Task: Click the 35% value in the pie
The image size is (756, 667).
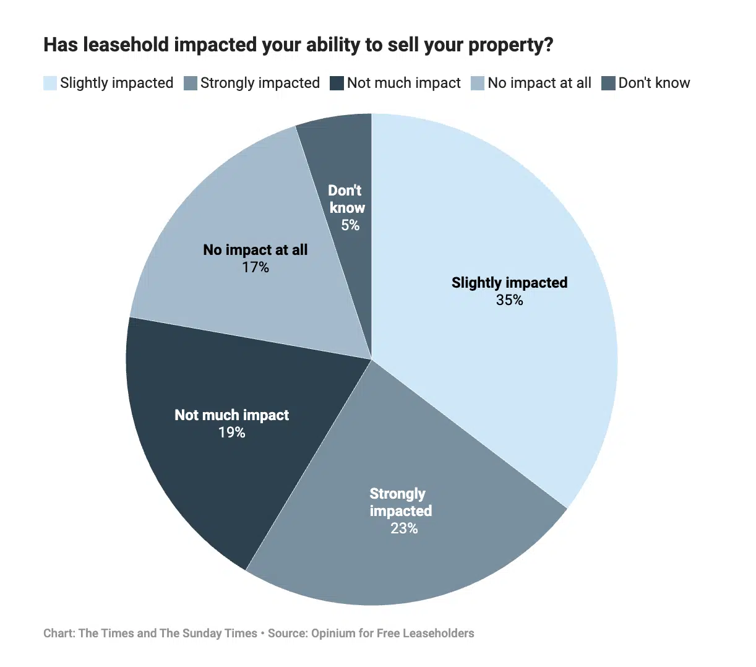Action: coord(509,300)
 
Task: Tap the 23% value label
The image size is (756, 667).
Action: coord(404,528)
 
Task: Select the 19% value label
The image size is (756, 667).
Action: coord(231,432)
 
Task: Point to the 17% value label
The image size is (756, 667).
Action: coord(255,267)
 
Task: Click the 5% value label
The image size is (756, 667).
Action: coord(350,225)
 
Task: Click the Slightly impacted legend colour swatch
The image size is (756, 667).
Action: coord(50,83)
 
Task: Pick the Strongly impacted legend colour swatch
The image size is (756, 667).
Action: coord(191,83)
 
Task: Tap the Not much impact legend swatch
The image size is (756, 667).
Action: coord(337,83)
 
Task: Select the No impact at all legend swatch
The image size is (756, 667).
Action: coord(478,83)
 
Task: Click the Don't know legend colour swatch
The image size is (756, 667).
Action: coord(609,83)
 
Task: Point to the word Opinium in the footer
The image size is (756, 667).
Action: coord(333,633)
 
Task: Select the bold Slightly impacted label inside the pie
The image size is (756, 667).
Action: coord(509,283)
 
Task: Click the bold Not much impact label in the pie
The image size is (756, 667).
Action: coord(231,415)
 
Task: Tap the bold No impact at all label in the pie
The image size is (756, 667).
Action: coord(255,250)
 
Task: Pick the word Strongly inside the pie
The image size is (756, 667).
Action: coord(397,494)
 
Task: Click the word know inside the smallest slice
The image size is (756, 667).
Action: coord(347,208)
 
